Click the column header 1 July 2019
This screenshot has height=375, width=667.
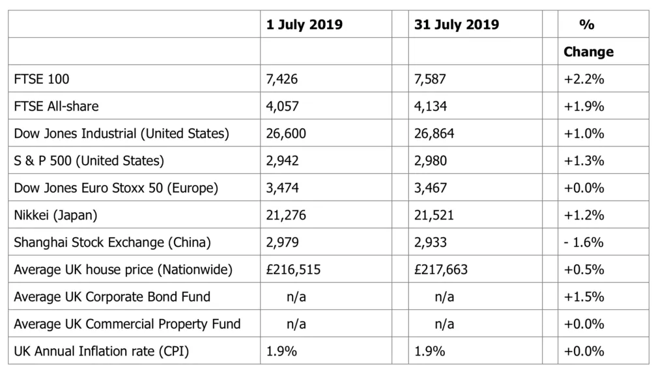pos(304,25)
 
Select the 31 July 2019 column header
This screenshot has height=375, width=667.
pos(457,25)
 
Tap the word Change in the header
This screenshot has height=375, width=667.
pos(588,51)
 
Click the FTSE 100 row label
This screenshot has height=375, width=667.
pos(42,79)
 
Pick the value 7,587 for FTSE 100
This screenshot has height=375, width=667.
pos(431,79)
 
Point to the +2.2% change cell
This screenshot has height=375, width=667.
pos(584,79)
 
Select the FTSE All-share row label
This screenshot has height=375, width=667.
pos(57,106)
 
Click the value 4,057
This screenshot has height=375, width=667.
pos(283,106)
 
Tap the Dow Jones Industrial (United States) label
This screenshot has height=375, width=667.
pos(122,133)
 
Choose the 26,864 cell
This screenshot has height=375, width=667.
pos(434,133)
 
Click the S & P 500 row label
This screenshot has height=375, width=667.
pos(89,161)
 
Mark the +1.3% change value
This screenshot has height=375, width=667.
pos(584,161)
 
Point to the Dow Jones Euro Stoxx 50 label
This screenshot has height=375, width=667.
pos(116,188)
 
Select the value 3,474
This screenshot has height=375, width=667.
pos(283,188)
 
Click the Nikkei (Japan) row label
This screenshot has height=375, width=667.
pos(55,215)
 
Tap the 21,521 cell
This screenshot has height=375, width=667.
pos(434,215)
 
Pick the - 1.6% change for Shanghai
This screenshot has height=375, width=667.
pos(584,242)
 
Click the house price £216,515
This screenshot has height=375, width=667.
pos(294,270)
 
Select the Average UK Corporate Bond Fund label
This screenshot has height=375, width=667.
pos(112,297)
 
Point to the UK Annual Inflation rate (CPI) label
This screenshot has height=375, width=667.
pos(102,352)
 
